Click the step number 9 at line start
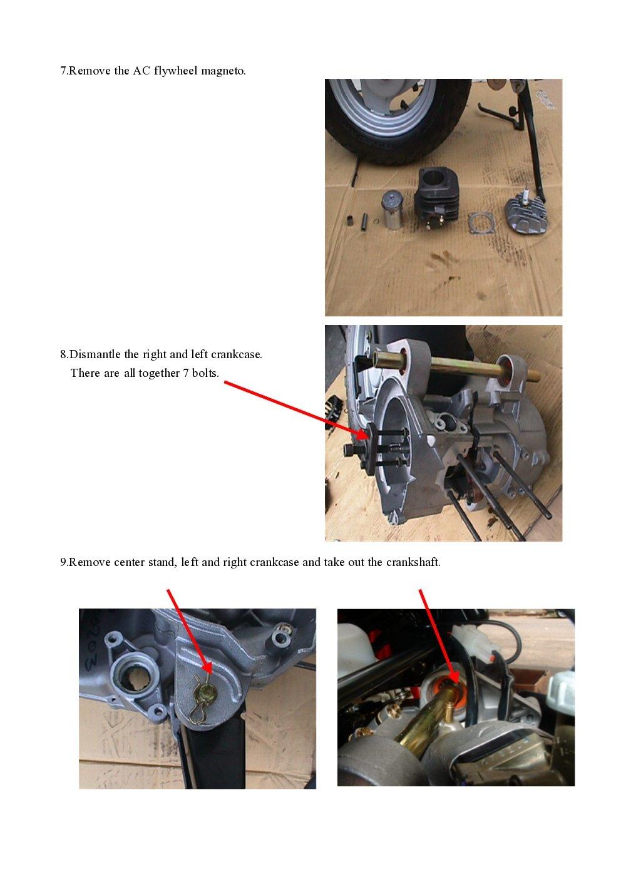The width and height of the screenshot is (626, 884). coord(63,562)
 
